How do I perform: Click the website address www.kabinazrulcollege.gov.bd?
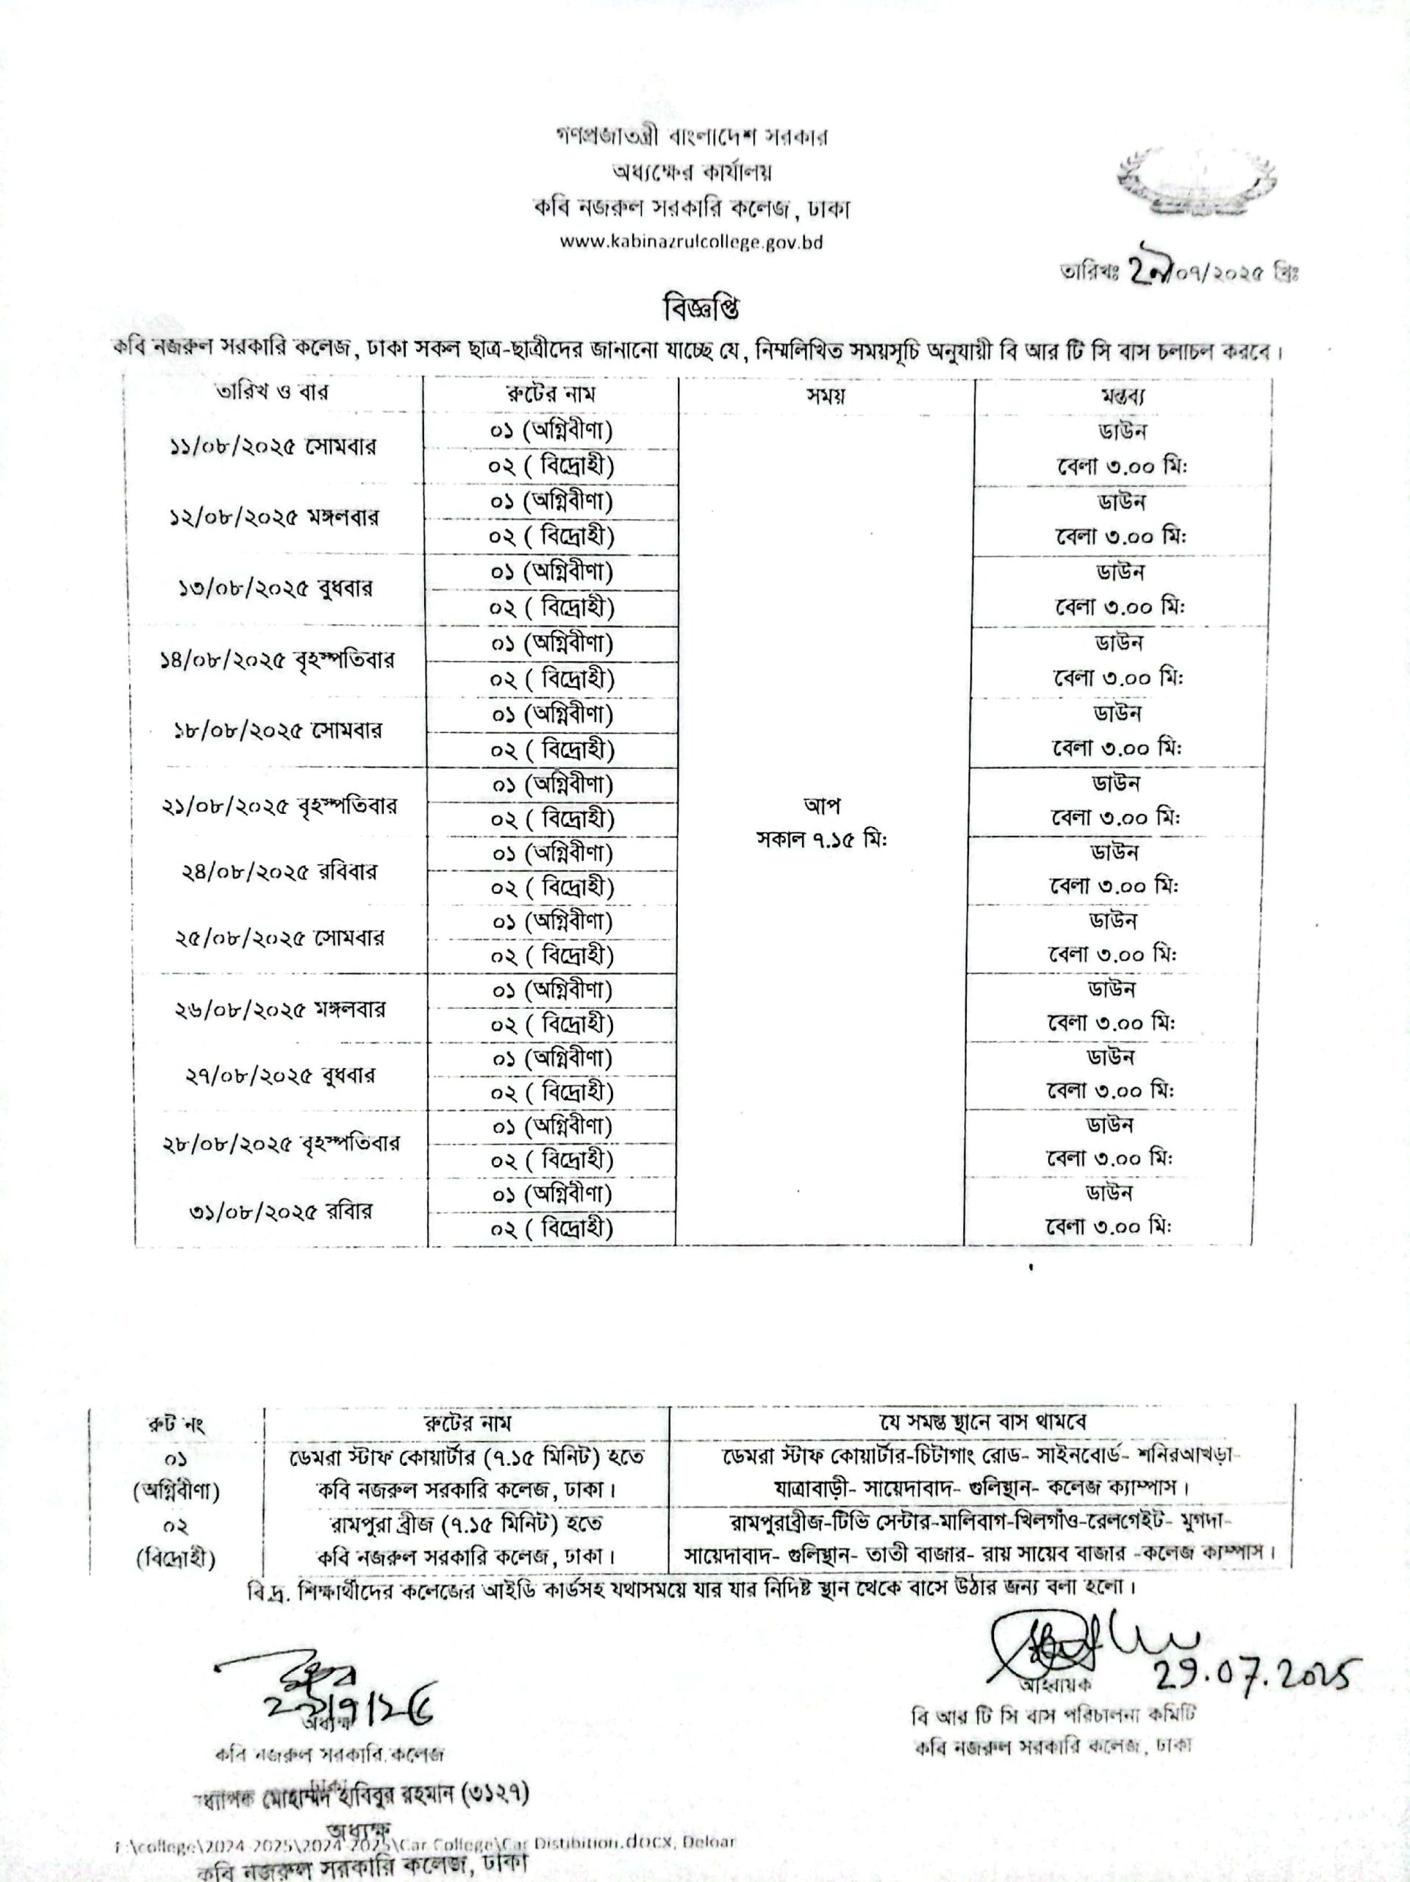[x=690, y=242]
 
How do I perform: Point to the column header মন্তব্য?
[x=1123, y=396]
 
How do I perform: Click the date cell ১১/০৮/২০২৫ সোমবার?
[x=271, y=447]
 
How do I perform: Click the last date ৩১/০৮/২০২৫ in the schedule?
[x=254, y=1212]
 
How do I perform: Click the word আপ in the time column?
[x=821, y=804]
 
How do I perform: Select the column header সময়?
[x=826, y=396]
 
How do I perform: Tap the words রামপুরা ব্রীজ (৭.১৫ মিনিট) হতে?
[x=466, y=1522]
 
